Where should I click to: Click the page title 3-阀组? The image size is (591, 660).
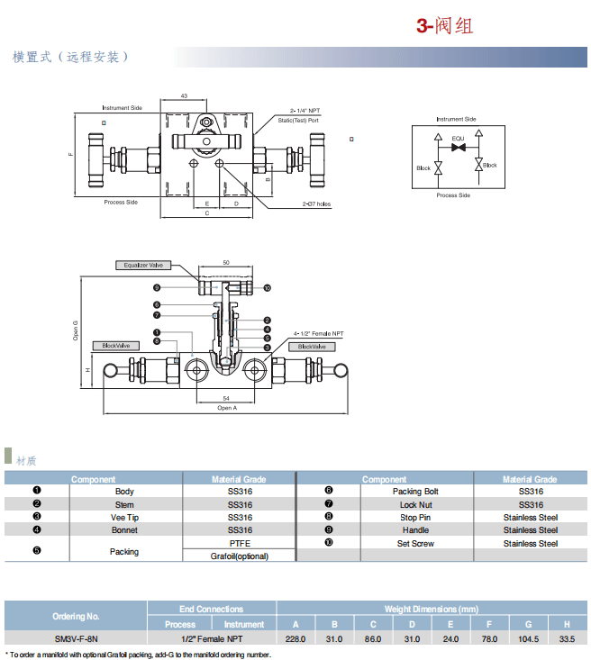(x=444, y=25)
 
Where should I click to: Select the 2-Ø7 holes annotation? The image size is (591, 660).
(x=316, y=204)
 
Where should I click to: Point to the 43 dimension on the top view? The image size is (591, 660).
(x=184, y=95)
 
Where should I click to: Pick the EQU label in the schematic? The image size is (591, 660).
(x=458, y=138)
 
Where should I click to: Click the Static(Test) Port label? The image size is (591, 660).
(x=297, y=120)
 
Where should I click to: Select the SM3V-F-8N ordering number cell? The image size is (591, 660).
(x=77, y=638)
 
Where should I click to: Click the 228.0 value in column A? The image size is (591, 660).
(x=295, y=638)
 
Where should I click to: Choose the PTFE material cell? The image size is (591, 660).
(x=240, y=544)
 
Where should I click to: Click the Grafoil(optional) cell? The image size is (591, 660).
(x=240, y=556)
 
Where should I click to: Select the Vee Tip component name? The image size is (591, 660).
(x=124, y=518)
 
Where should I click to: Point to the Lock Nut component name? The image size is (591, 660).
(x=416, y=505)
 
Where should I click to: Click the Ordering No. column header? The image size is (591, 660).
(x=76, y=617)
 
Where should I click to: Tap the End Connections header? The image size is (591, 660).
(x=212, y=610)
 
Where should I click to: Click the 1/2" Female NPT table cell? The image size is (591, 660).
(x=212, y=638)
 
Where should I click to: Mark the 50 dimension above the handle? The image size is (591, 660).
(x=225, y=261)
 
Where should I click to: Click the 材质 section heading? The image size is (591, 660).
(x=26, y=460)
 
